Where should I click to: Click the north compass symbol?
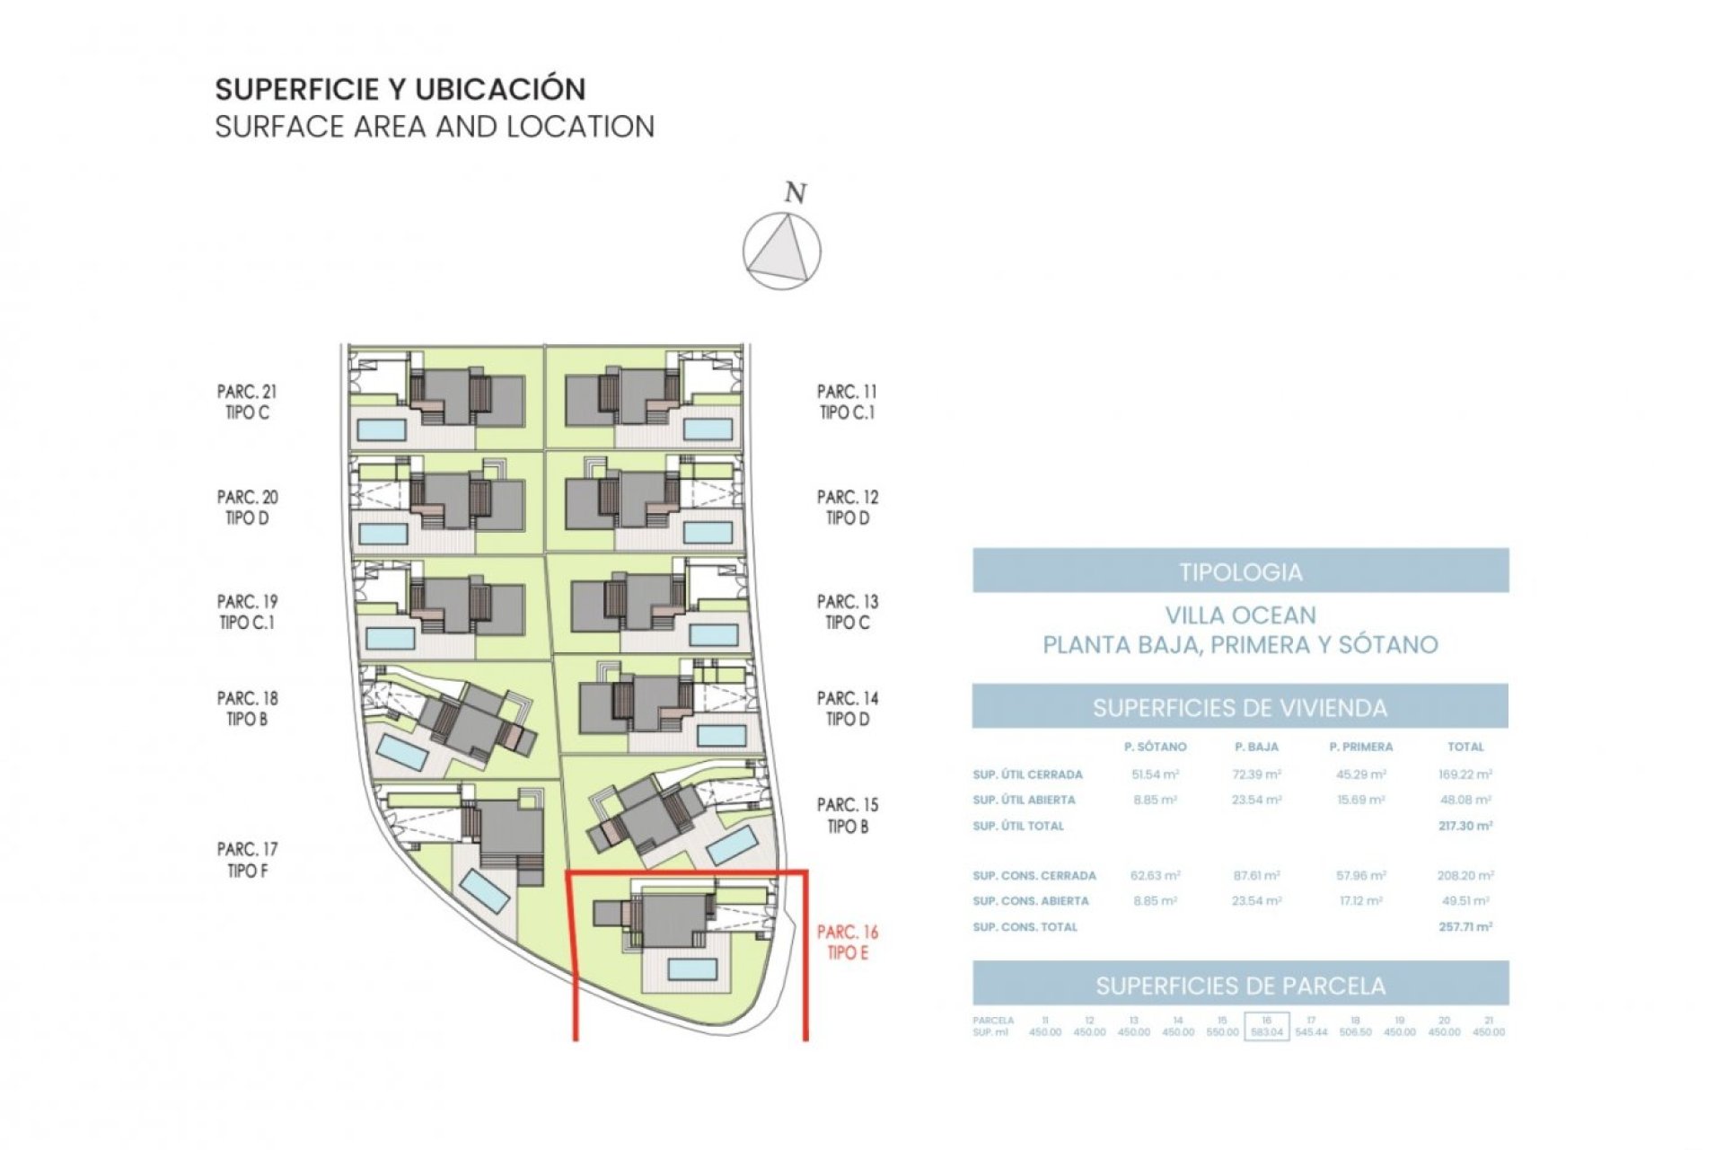point(781,251)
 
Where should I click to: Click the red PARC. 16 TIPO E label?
point(847,942)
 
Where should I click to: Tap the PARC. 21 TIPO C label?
point(246,402)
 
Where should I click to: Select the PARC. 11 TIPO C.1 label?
point(847,402)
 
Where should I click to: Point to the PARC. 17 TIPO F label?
point(246,859)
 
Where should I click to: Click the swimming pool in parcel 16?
point(691,969)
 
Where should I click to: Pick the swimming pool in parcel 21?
point(382,429)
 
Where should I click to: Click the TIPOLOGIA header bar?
point(1240,571)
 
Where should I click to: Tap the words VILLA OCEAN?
point(1240,615)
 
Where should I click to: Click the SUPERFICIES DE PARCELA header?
point(1240,986)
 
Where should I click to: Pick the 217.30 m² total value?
point(1465,826)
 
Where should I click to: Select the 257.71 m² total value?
point(1465,926)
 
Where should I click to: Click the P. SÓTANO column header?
point(1155,747)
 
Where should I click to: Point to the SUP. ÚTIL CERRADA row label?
point(1027,774)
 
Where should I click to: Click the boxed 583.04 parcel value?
point(1266,1031)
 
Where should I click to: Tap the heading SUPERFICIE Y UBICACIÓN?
point(400,89)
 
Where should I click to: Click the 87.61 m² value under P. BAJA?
point(1256,875)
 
